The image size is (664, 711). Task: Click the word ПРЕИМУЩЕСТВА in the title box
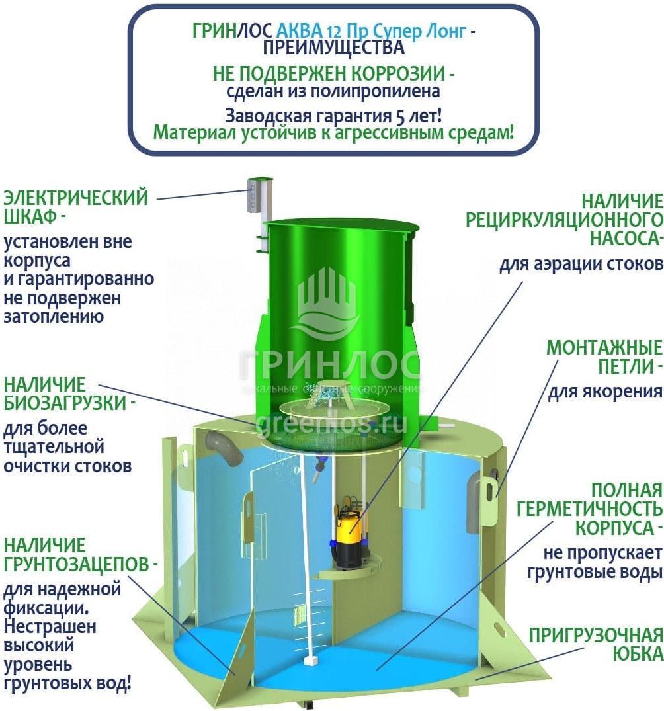point(333,47)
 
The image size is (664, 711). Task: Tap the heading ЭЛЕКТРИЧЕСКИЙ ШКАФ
point(76,207)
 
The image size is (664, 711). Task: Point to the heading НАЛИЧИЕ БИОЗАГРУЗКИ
point(69,394)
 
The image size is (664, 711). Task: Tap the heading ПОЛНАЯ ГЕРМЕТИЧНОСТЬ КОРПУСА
point(590,509)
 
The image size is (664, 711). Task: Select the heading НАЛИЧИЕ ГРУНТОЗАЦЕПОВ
point(80,555)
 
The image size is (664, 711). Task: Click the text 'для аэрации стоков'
point(581,264)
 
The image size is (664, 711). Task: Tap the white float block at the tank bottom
point(311,660)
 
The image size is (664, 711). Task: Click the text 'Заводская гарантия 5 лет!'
point(333,116)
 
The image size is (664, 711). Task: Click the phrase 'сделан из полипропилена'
point(333,91)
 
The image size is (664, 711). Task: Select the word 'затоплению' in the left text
point(54,317)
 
